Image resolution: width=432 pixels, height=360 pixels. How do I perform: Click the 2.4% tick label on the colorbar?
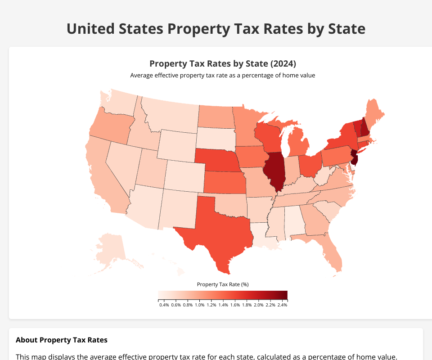coord(282,305)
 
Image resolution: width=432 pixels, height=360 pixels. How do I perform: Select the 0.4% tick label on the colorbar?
coord(164,305)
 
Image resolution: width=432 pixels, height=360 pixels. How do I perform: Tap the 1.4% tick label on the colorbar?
coord(223,305)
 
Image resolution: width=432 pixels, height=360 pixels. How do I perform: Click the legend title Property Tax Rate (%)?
coord(223,284)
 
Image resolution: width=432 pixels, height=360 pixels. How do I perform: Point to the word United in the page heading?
coord(92,29)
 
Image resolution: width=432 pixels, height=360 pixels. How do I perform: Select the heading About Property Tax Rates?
coord(61,340)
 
